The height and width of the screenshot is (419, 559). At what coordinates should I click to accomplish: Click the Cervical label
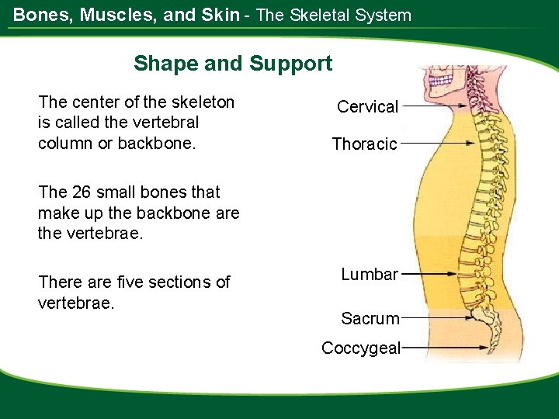367,107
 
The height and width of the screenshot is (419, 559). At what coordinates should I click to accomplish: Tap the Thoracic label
364,144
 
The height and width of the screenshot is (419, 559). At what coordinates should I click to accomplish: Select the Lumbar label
370,274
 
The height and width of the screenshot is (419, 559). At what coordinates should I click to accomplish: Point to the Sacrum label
370,318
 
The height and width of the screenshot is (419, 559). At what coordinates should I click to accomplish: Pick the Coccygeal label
361,348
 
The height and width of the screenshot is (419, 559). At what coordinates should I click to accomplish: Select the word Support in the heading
290,64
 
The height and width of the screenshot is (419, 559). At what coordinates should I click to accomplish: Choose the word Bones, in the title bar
41,15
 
